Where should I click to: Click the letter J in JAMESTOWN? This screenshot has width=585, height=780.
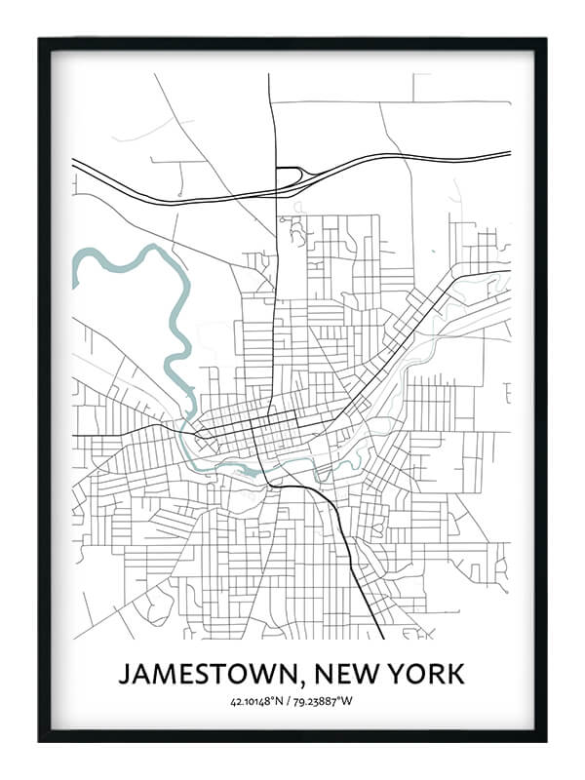pyautogui.click(x=124, y=674)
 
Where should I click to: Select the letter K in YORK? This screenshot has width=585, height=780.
pyautogui.click(x=456, y=674)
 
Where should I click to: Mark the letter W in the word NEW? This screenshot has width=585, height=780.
pyautogui.click(x=361, y=674)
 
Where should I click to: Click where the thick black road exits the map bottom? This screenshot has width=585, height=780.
pyautogui.click(x=382, y=638)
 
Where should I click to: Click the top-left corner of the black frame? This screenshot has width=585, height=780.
pyautogui.click(x=40, y=39)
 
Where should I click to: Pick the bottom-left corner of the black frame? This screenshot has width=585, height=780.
pyautogui.click(x=40, y=740)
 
